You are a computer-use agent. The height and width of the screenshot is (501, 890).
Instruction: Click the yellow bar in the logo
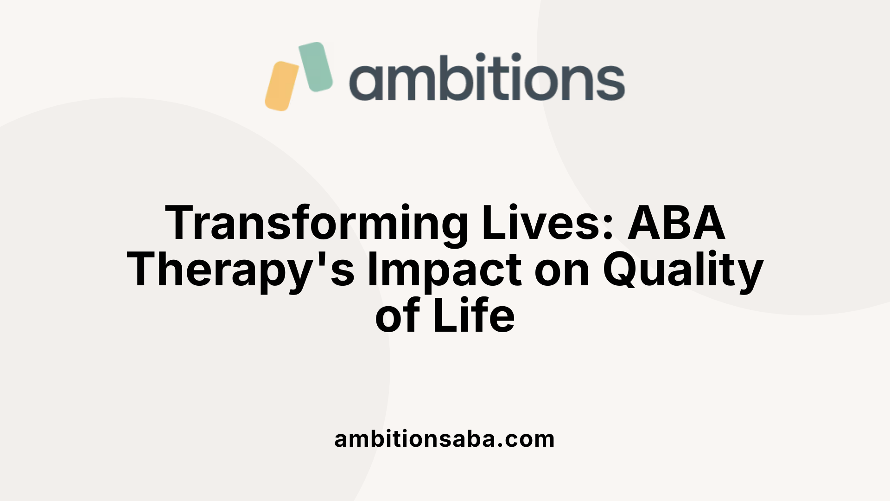click(x=282, y=86)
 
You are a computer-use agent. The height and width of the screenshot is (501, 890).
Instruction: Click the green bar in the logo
click(x=316, y=67)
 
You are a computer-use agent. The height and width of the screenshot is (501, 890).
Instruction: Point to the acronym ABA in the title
click(x=676, y=223)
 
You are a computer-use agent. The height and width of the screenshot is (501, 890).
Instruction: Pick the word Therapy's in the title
click(x=241, y=271)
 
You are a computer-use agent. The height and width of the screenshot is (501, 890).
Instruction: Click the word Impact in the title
click(x=444, y=271)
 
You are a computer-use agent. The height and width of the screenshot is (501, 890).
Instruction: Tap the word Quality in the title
click(x=683, y=271)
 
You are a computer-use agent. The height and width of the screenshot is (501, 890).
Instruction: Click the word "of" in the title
click(x=398, y=315)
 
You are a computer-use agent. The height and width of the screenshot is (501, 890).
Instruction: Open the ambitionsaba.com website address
click(x=445, y=439)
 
